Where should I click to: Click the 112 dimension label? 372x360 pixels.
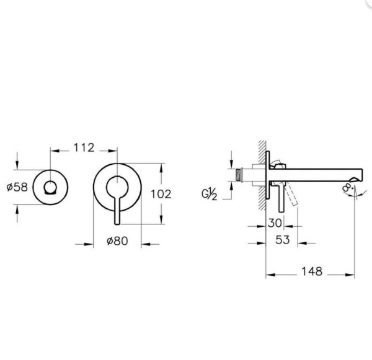point(84,147)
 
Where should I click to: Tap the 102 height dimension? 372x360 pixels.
point(161,194)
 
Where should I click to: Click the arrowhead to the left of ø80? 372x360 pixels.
point(87,243)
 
